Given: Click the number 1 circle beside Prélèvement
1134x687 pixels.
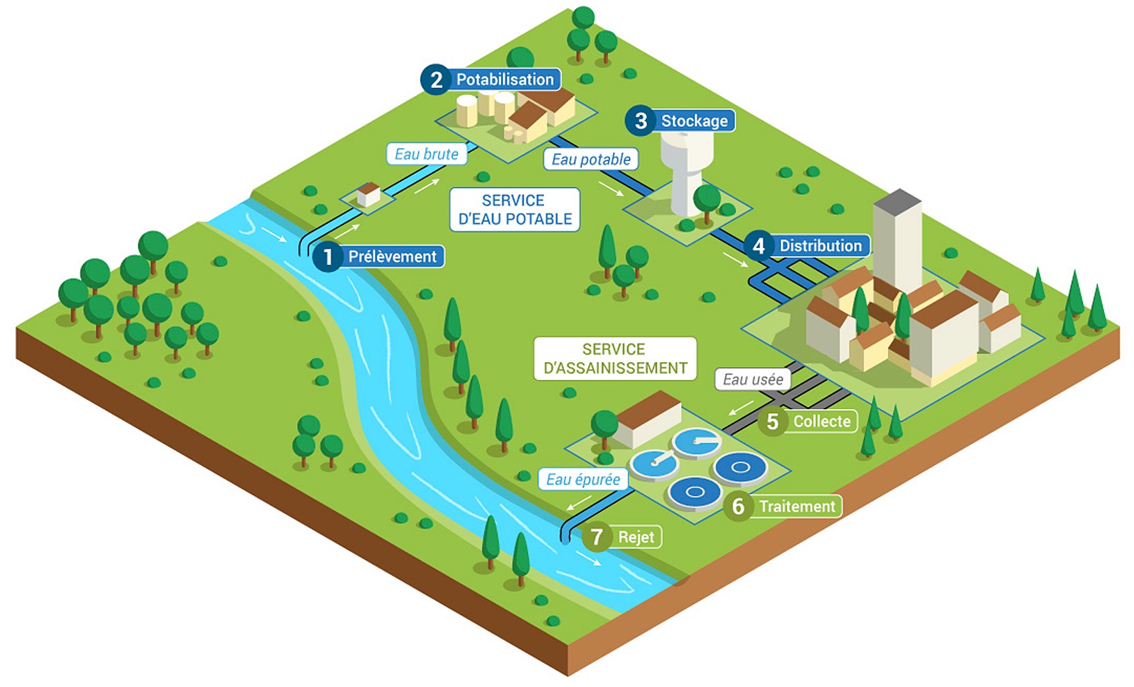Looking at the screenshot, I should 328,257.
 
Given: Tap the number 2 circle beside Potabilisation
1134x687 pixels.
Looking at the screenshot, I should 436,79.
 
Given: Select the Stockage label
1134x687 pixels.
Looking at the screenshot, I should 694,121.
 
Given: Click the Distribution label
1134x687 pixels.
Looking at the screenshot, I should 820,245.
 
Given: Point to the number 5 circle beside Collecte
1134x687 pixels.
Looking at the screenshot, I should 773,422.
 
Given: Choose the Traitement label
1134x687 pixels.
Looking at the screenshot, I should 797,507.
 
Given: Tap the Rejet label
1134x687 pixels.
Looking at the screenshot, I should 636,537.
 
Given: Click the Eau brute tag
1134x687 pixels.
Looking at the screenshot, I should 426,154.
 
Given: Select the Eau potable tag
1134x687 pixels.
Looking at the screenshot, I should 591,160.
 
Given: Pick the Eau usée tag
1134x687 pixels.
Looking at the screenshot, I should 753,379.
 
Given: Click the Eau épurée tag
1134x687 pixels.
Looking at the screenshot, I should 583,480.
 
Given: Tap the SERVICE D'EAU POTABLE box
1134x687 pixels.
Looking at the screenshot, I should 515,209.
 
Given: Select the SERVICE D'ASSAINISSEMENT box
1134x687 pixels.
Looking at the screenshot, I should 615,359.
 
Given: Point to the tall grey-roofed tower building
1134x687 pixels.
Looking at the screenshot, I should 897,238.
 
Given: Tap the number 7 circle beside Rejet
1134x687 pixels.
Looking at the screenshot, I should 596,537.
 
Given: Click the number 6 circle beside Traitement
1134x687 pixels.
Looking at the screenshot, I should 738,507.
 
